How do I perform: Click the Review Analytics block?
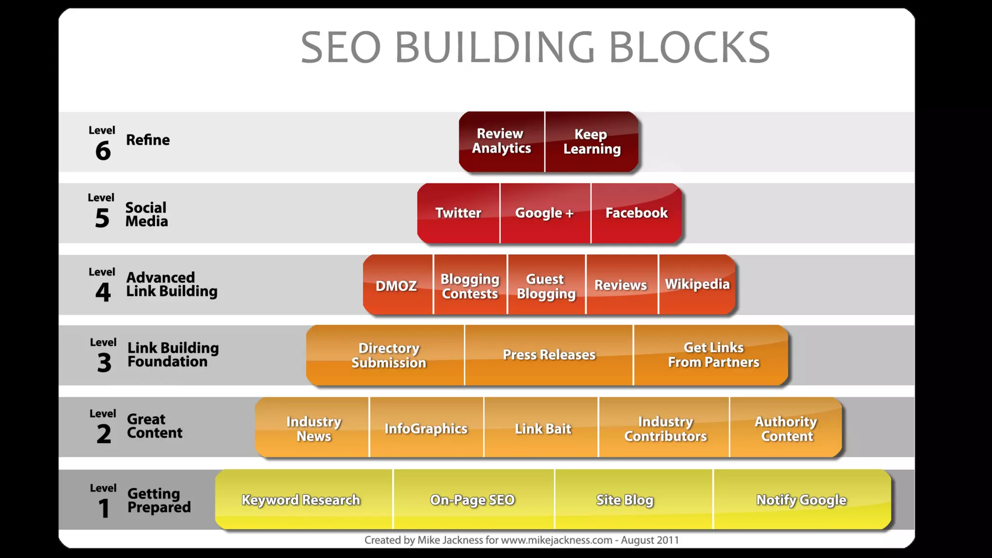click(501, 141)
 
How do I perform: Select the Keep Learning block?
click(591, 141)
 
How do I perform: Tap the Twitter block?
click(458, 213)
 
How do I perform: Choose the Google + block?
click(545, 213)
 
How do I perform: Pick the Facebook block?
click(636, 213)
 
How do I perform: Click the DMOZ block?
click(397, 285)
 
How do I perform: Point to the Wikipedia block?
click(697, 284)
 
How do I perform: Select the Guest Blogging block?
click(546, 286)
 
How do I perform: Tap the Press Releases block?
click(549, 355)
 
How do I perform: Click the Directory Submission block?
click(388, 355)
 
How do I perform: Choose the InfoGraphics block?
click(426, 429)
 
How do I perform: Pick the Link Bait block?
click(542, 429)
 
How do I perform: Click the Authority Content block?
click(786, 429)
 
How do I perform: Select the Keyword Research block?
click(301, 500)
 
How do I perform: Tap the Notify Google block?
click(801, 500)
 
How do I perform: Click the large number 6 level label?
click(103, 151)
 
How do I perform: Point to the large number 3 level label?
click(104, 363)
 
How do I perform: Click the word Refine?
click(148, 140)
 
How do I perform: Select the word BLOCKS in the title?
click(689, 47)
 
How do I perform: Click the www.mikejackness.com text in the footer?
click(557, 540)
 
